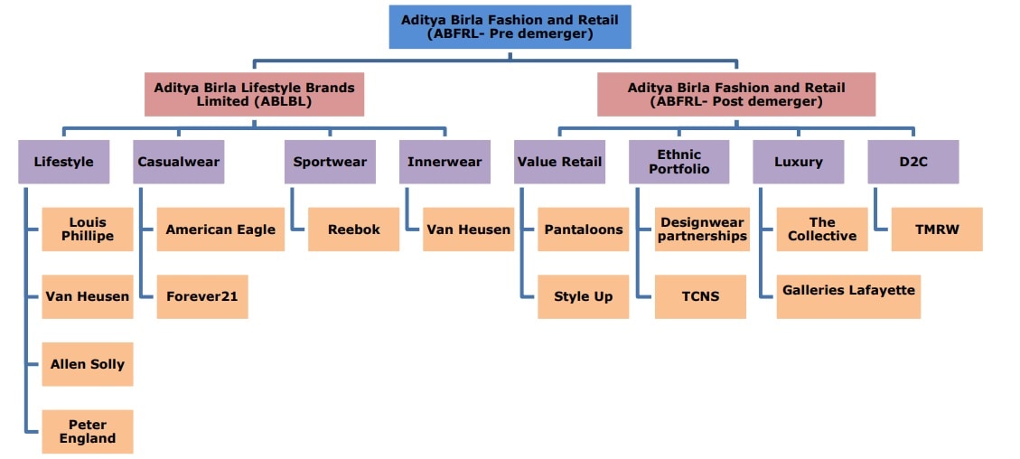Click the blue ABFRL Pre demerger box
[x=510, y=27]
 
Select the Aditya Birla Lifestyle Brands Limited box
[x=254, y=94]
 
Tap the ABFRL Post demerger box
[x=736, y=94]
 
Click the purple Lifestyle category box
[x=63, y=162]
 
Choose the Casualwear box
[x=178, y=162]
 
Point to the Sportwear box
[x=330, y=162]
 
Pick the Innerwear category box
[x=444, y=162]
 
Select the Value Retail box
[x=558, y=162]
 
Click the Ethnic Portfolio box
[x=678, y=162]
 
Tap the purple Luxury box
[x=799, y=162]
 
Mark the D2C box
[x=912, y=162]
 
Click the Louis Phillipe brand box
[x=88, y=229]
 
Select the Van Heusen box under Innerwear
[x=468, y=229]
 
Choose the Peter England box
[x=88, y=432]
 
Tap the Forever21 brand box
[x=202, y=296]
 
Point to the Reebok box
[x=354, y=229]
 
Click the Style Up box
[x=584, y=296]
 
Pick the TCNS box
[x=701, y=296]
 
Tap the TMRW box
[x=936, y=229]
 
